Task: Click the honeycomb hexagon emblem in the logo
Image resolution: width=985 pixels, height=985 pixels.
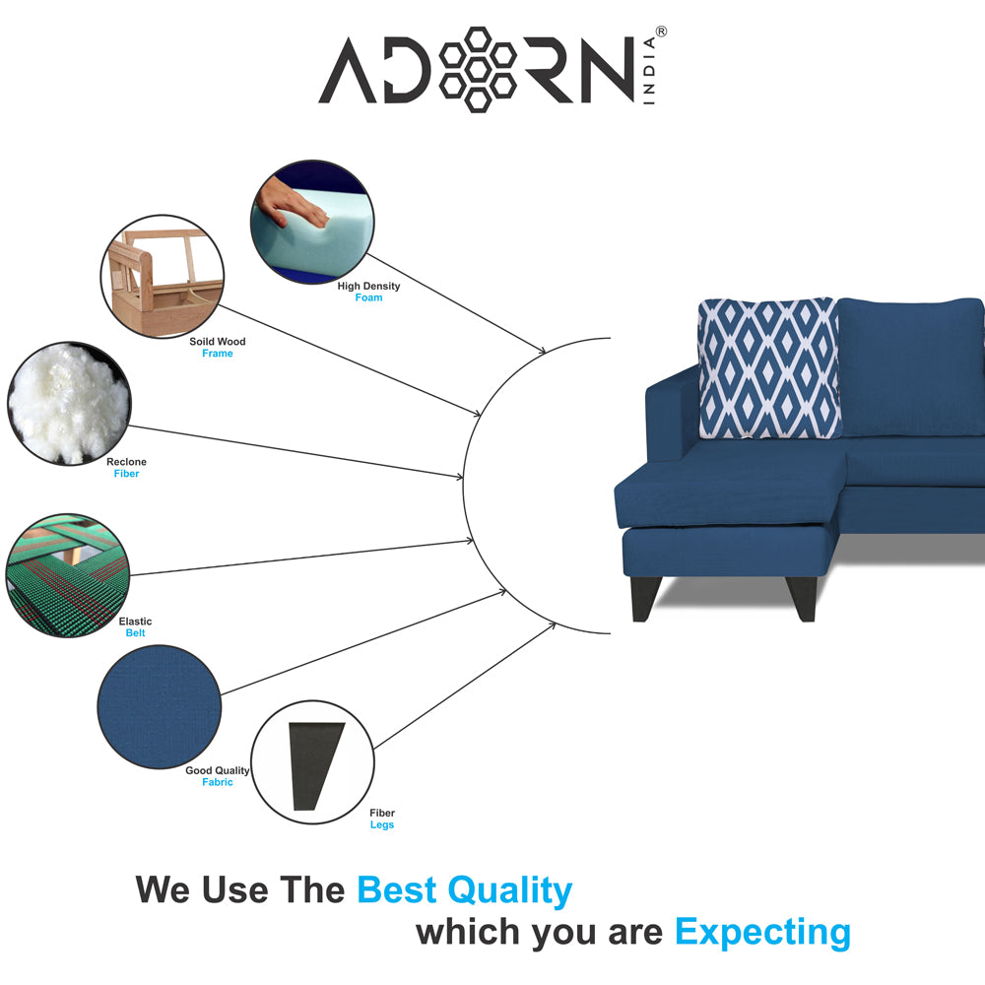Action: click(x=478, y=69)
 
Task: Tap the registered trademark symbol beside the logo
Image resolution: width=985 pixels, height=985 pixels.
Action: click(x=661, y=32)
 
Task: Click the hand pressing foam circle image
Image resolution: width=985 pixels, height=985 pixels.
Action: click(x=312, y=222)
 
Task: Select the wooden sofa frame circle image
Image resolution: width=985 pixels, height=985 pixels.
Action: click(x=163, y=277)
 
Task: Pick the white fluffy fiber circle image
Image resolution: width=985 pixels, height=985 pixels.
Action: click(x=69, y=403)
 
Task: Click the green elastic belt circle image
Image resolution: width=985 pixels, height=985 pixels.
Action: click(x=67, y=575)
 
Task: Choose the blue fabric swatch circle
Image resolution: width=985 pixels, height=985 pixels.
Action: click(x=160, y=706)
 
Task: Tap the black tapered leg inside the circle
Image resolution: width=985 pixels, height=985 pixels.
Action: click(x=314, y=765)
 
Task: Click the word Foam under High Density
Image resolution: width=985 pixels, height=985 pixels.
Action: click(x=368, y=297)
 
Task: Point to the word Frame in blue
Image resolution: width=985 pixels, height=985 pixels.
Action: click(x=218, y=354)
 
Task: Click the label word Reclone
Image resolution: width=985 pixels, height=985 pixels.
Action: click(x=126, y=462)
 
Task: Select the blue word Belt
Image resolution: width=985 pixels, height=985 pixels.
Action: click(x=135, y=633)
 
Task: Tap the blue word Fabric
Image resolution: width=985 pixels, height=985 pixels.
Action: click(x=218, y=782)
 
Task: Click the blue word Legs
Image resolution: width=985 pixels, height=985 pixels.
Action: click(x=382, y=824)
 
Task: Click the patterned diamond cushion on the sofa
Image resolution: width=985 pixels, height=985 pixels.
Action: click(x=769, y=368)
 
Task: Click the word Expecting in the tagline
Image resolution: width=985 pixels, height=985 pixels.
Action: click(x=762, y=932)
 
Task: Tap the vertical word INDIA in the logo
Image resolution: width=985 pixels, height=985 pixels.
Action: click(x=649, y=70)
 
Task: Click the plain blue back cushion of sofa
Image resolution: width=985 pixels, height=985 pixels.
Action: click(x=911, y=367)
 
